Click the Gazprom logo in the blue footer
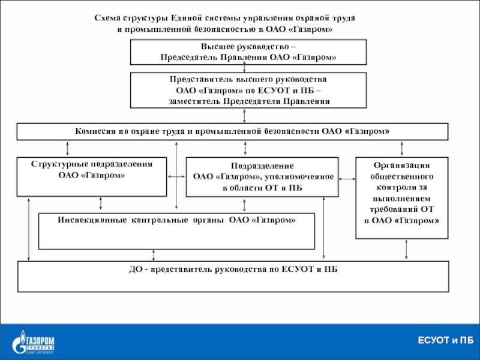(x=33, y=342)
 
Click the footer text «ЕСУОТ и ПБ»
(x=445, y=340)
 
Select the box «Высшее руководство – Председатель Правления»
(x=248, y=52)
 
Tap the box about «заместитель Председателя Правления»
(x=248, y=91)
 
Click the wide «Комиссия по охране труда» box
(x=232, y=131)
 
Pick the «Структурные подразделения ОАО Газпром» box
(x=92, y=177)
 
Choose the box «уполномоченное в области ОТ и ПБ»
(x=262, y=177)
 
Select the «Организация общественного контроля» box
(x=401, y=198)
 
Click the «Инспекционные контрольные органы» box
(x=176, y=232)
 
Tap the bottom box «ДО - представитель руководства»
(x=233, y=277)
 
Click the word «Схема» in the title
(x=107, y=18)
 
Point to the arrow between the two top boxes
(x=244, y=67)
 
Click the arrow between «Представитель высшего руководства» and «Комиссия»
(x=244, y=116)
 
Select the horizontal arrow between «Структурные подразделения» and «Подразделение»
(x=176, y=176)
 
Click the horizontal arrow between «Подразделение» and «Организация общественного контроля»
(x=347, y=179)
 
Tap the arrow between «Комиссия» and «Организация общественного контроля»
(x=402, y=149)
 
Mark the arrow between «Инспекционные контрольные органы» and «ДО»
(x=154, y=256)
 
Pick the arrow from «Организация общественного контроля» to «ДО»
(x=406, y=250)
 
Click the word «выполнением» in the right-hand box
(x=401, y=199)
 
